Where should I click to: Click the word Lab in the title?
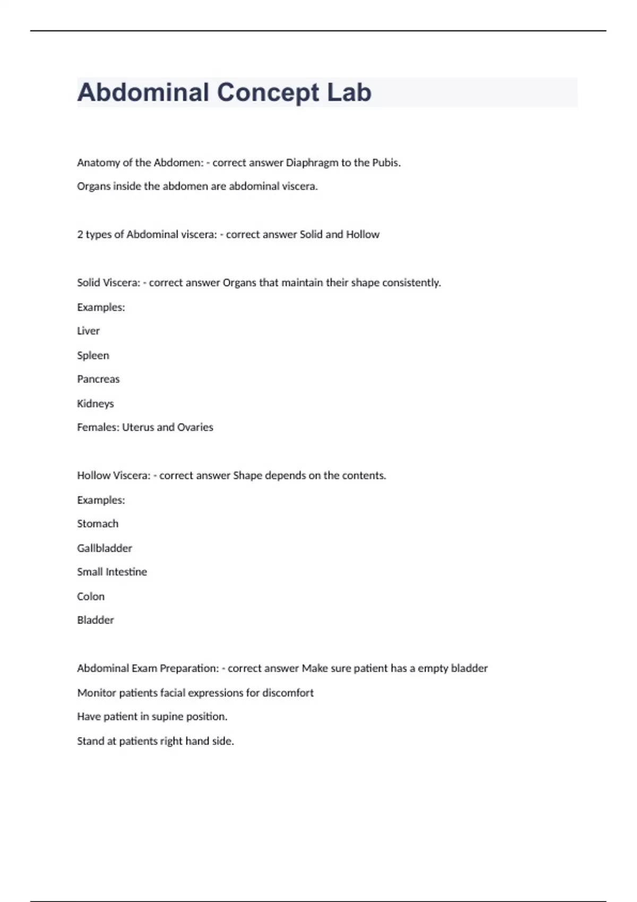pos(349,92)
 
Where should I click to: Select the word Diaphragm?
pos(312,163)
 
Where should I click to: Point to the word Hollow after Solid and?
pos(363,235)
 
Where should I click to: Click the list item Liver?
pos(88,331)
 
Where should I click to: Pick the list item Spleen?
pos(93,355)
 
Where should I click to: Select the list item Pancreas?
pos(98,379)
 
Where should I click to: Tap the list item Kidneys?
pos(96,404)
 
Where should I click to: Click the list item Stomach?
pos(98,524)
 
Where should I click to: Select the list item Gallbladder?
pos(105,548)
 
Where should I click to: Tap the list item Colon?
pos(91,596)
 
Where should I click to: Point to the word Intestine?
pos(126,572)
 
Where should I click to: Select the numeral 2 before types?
pos(80,235)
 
